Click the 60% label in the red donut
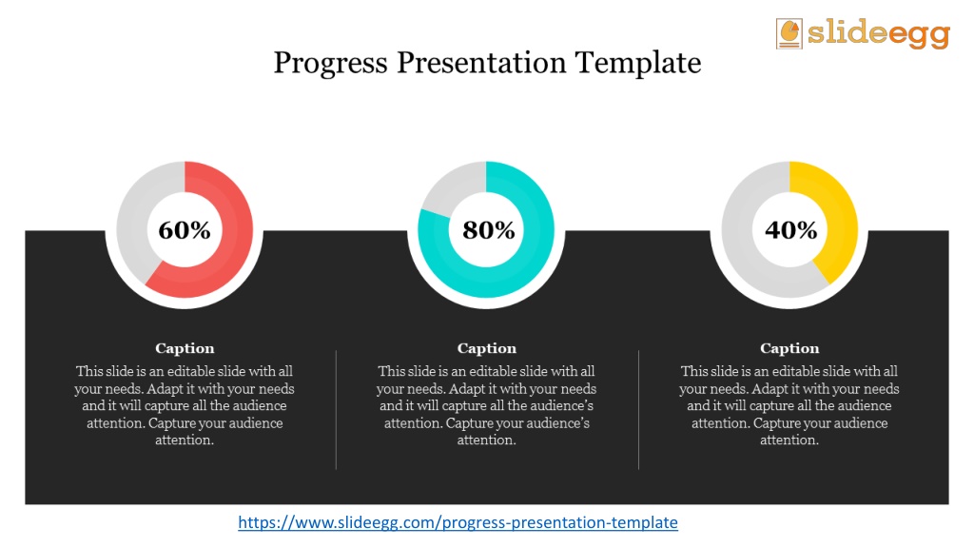click(185, 230)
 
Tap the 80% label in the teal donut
click(488, 230)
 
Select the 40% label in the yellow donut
click(790, 230)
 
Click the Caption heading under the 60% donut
click(185, 348)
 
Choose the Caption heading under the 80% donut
click(487, 348)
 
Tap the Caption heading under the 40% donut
click(789, 348)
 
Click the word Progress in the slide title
click(330, 64)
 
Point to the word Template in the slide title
click(638, 64)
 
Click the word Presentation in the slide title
click(481, 62)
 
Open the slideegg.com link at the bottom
click(458, 522)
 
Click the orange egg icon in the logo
click(789, 33)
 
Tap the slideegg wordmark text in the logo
click(878, 33)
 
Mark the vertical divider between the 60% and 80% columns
click(336, 409)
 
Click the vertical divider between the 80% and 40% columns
click(638, 409)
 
